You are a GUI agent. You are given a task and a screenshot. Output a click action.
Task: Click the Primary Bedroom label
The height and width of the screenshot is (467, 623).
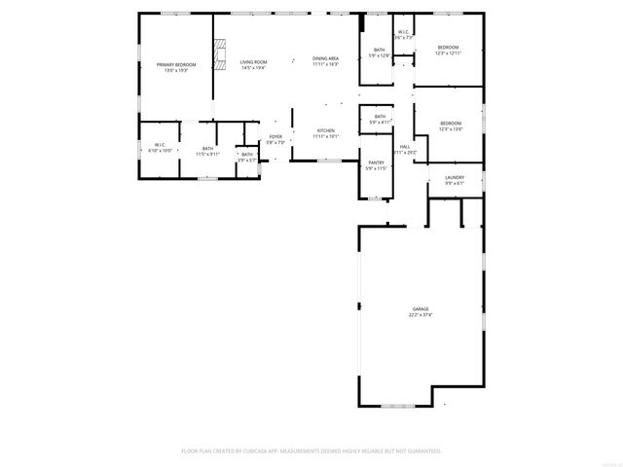(176, 64)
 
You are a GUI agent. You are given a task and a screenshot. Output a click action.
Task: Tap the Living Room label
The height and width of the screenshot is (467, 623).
(254, 62)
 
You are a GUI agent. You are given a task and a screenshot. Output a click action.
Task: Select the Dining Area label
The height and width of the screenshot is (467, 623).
(325, 59)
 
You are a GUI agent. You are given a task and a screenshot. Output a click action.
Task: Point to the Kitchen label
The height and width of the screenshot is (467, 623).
(325, 130)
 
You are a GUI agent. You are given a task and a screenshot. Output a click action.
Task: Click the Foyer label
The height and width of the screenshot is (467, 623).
(275, 137)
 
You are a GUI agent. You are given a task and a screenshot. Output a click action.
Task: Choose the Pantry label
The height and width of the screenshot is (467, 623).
(376, 162)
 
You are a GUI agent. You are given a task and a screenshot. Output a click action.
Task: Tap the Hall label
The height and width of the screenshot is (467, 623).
(405, 147)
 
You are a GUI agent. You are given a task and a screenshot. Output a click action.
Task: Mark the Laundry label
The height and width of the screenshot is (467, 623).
(455, 177)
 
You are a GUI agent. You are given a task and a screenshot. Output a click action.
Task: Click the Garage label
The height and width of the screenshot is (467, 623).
(421, 309)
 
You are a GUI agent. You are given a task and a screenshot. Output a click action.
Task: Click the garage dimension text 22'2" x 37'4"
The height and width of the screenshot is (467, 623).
(421, 315)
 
